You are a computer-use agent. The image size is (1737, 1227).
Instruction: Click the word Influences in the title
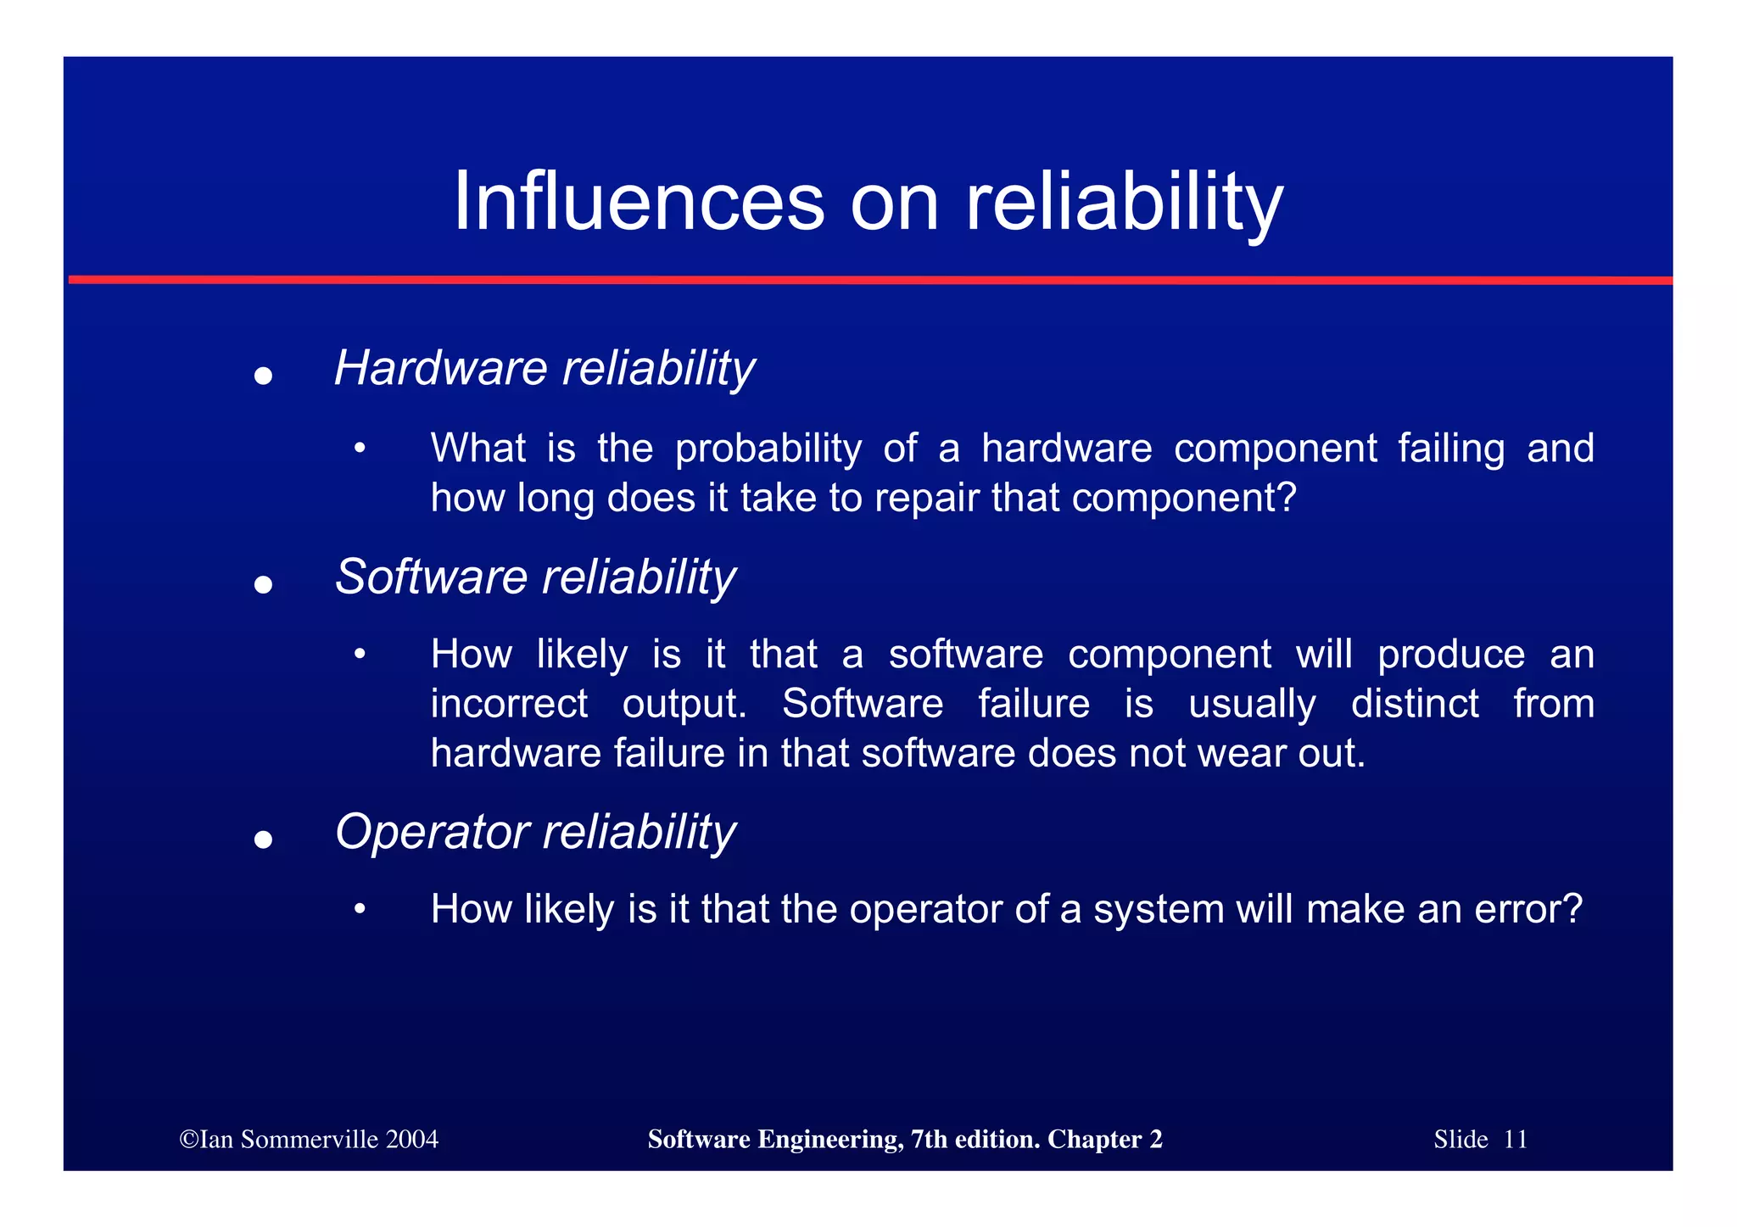[x=639, y=202]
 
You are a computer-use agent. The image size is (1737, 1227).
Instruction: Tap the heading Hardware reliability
[x=544, y=369]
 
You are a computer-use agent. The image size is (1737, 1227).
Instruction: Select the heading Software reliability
[x=535, y=577]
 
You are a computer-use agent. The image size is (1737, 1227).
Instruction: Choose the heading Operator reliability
[x=535, y=832]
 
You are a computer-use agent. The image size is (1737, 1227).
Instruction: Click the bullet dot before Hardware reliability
[x=263, y=376]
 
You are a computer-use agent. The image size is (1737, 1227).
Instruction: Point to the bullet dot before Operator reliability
[x=263, y=839]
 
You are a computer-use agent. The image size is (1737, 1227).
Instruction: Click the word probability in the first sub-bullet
[x=768, y=449]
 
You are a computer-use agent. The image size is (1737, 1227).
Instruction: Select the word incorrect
[x=509, y=704]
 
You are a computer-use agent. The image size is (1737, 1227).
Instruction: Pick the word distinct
[x=1414, y=704]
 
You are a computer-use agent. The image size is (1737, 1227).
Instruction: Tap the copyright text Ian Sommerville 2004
[x=309, y=1139]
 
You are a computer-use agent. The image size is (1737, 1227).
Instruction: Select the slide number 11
[x=1515, y=1139]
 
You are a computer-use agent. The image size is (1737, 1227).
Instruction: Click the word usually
[x=1252, y=704]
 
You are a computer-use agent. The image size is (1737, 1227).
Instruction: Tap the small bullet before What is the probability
[x=360, y=449]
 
